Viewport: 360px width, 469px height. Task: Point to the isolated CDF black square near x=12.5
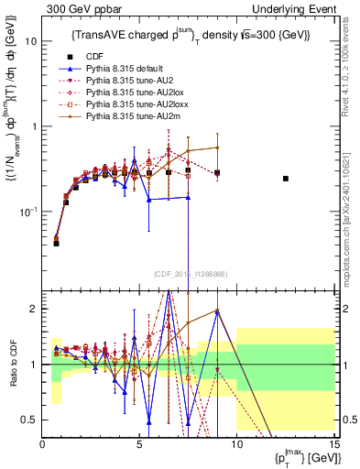(x=286, y=179)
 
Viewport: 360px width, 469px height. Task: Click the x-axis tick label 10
(x=236, y=446)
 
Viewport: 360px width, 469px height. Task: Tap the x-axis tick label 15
(x=333, y=446)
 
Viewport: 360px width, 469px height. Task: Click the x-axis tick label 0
(x=42, y=446)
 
